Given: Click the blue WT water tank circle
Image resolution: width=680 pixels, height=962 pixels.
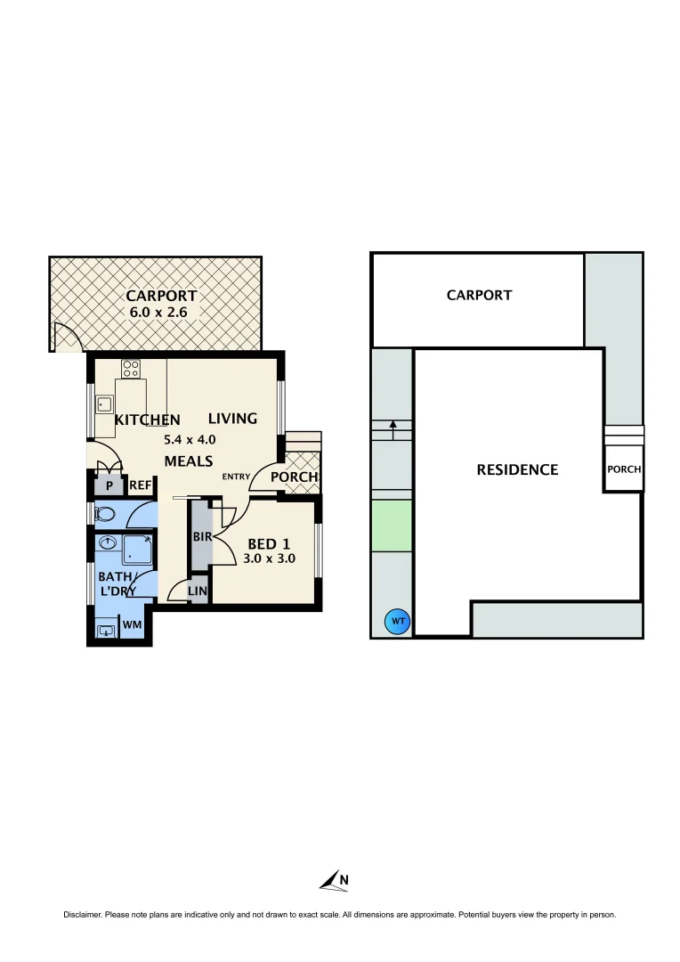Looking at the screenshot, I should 398,622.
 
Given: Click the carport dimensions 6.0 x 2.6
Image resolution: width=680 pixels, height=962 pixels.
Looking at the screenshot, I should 161,313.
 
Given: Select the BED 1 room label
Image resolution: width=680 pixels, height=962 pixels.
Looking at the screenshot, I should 268,543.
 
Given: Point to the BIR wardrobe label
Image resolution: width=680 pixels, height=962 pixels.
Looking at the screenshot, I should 201,537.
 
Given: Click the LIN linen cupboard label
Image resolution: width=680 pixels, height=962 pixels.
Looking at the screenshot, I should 198,591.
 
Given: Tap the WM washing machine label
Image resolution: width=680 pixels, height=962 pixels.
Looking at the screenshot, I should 133,625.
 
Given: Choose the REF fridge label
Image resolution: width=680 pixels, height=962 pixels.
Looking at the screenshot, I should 141,485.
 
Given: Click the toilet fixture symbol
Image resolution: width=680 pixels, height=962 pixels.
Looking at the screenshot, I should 104,514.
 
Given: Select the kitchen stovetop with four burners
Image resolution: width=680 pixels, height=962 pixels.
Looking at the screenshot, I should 132,368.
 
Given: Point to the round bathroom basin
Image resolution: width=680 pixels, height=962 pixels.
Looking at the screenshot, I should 109,544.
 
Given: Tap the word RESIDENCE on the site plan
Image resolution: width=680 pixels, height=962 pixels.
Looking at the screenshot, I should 517,469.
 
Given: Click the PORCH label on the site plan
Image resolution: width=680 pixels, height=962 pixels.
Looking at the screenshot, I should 624,469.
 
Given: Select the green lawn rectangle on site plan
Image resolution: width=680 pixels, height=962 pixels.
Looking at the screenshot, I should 392,525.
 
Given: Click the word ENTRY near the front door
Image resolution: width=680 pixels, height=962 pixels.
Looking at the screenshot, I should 236,477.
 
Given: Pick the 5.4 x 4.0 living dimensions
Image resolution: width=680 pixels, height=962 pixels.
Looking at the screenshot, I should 190,439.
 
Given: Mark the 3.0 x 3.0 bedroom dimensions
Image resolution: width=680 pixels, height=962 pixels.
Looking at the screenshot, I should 269,559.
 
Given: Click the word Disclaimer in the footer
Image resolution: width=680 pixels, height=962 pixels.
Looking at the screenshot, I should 82,915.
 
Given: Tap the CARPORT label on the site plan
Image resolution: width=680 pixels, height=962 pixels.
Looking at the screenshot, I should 479,295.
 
